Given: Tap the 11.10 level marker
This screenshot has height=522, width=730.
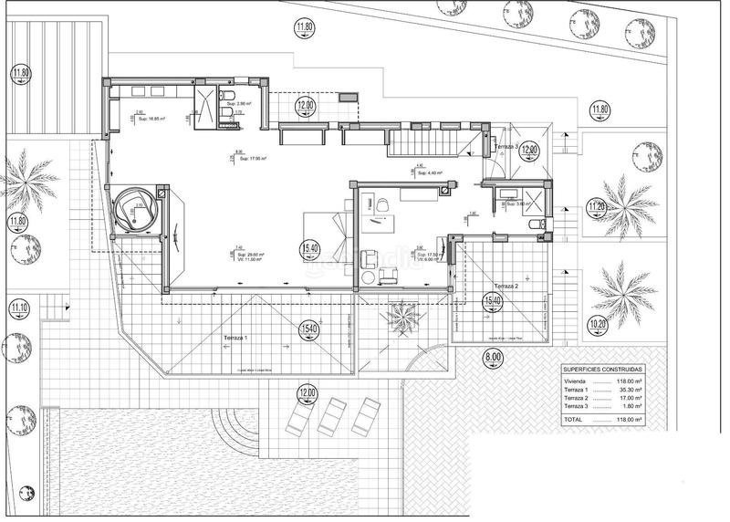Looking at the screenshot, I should pos(18,308).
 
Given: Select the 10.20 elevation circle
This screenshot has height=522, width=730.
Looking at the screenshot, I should pos(598,323).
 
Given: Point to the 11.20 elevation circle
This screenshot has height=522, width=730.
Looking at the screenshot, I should pos(598,206).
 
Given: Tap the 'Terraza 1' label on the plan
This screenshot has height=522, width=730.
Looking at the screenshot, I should pos(236,338).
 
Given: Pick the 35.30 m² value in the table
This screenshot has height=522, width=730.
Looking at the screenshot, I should pos(628,389).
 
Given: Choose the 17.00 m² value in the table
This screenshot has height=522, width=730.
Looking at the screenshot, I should pos(628,399).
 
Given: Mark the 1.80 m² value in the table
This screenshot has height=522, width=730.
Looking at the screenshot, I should pos(630,408).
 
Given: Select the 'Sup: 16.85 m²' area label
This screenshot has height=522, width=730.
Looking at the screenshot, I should pos(152,119).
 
